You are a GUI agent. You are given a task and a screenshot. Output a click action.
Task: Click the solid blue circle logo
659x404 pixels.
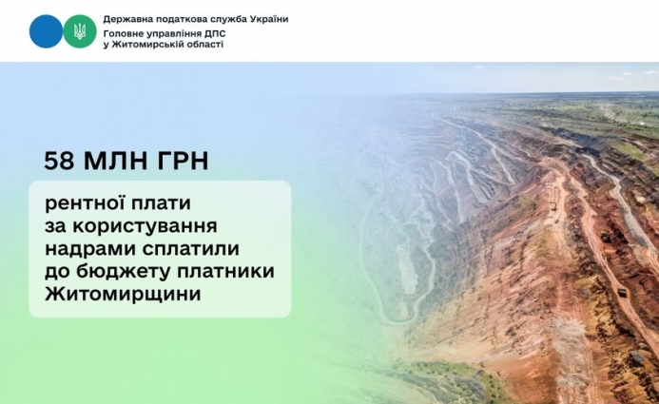point(46,31)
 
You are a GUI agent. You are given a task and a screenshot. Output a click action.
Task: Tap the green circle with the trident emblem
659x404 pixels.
point(80,31)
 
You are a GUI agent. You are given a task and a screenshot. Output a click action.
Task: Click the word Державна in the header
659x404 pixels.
point(129,19)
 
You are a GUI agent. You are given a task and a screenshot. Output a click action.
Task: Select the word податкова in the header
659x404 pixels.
point(186,19)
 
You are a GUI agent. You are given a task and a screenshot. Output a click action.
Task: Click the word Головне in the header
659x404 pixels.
point(126,32)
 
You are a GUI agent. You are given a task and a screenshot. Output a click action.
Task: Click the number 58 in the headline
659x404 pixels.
point(58,161)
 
